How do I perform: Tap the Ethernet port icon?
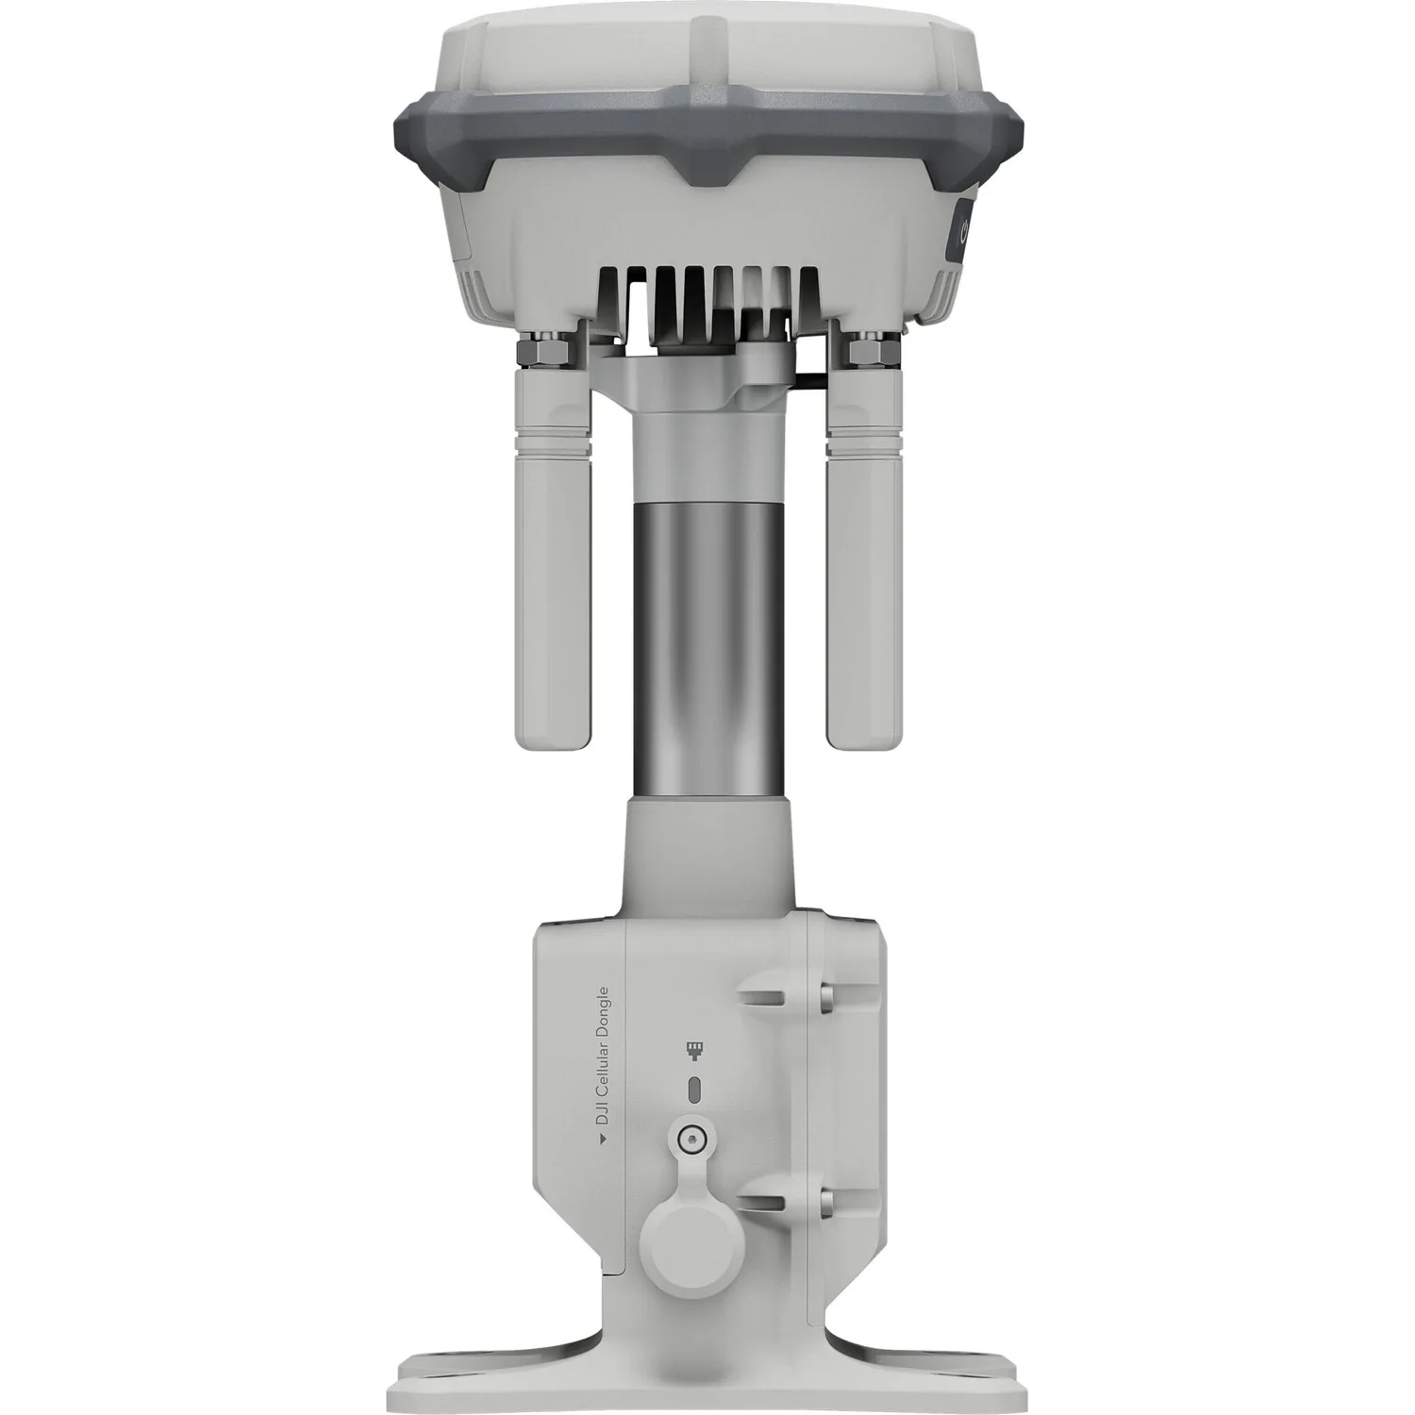click(694, 1050)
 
